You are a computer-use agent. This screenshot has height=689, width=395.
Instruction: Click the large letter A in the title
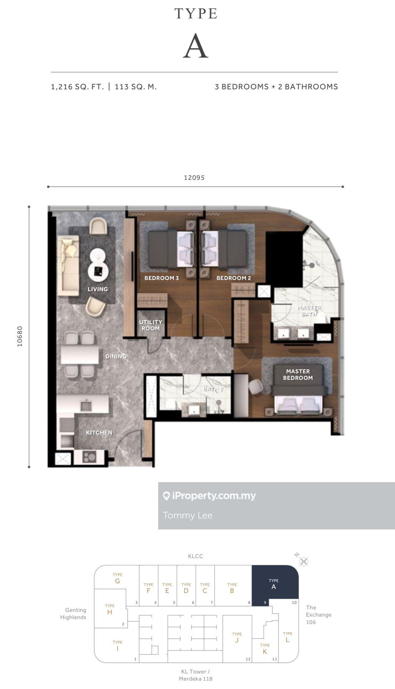click(195, 46)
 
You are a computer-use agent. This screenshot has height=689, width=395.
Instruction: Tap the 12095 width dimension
click(194, 178)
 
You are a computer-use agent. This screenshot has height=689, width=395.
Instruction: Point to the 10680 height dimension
click(20, 336)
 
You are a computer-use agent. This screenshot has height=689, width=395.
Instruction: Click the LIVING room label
click(98, 289)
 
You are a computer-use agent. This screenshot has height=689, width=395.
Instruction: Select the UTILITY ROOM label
click(151, 325)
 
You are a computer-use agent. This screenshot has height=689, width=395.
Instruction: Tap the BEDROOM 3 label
click(162, 278)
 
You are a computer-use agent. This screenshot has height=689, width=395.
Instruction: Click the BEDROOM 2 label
click(234, 278)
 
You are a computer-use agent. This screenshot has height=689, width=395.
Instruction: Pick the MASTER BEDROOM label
click(298, 375)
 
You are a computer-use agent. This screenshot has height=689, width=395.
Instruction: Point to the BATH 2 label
click(213, 389)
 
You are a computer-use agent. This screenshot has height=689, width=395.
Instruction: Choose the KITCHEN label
click(99, 432)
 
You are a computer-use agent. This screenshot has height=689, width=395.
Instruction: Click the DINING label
click(116, 356)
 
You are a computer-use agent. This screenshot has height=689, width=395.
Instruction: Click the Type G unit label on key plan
click(117, 578)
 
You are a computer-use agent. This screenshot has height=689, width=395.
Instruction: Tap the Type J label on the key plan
click(237, 637)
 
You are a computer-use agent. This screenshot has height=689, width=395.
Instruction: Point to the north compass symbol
click(304, 561)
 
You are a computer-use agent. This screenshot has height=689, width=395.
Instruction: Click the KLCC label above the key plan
click(195, 556)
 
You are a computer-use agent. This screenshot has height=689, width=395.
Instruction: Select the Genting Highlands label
click(73, 613)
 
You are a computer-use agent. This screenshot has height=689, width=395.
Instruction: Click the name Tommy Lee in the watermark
click(188, 515)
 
